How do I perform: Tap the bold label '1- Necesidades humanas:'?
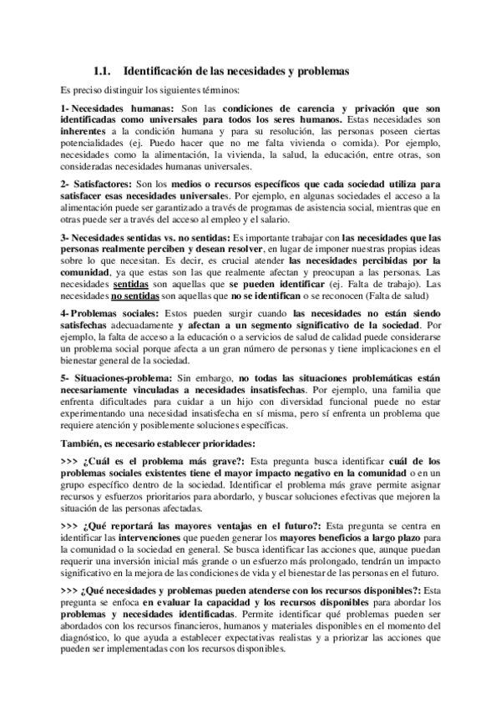[118, 109]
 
